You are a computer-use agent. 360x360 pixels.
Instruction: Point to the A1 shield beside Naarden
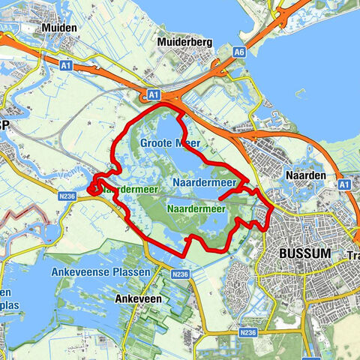(344, 184)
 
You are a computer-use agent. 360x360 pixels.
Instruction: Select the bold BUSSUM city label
(304, 253)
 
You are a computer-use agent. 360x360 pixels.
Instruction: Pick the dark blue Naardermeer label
(204, 182)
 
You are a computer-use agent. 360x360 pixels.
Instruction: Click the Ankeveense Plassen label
(100, 271)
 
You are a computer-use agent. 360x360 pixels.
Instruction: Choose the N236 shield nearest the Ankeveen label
(179, 276)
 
